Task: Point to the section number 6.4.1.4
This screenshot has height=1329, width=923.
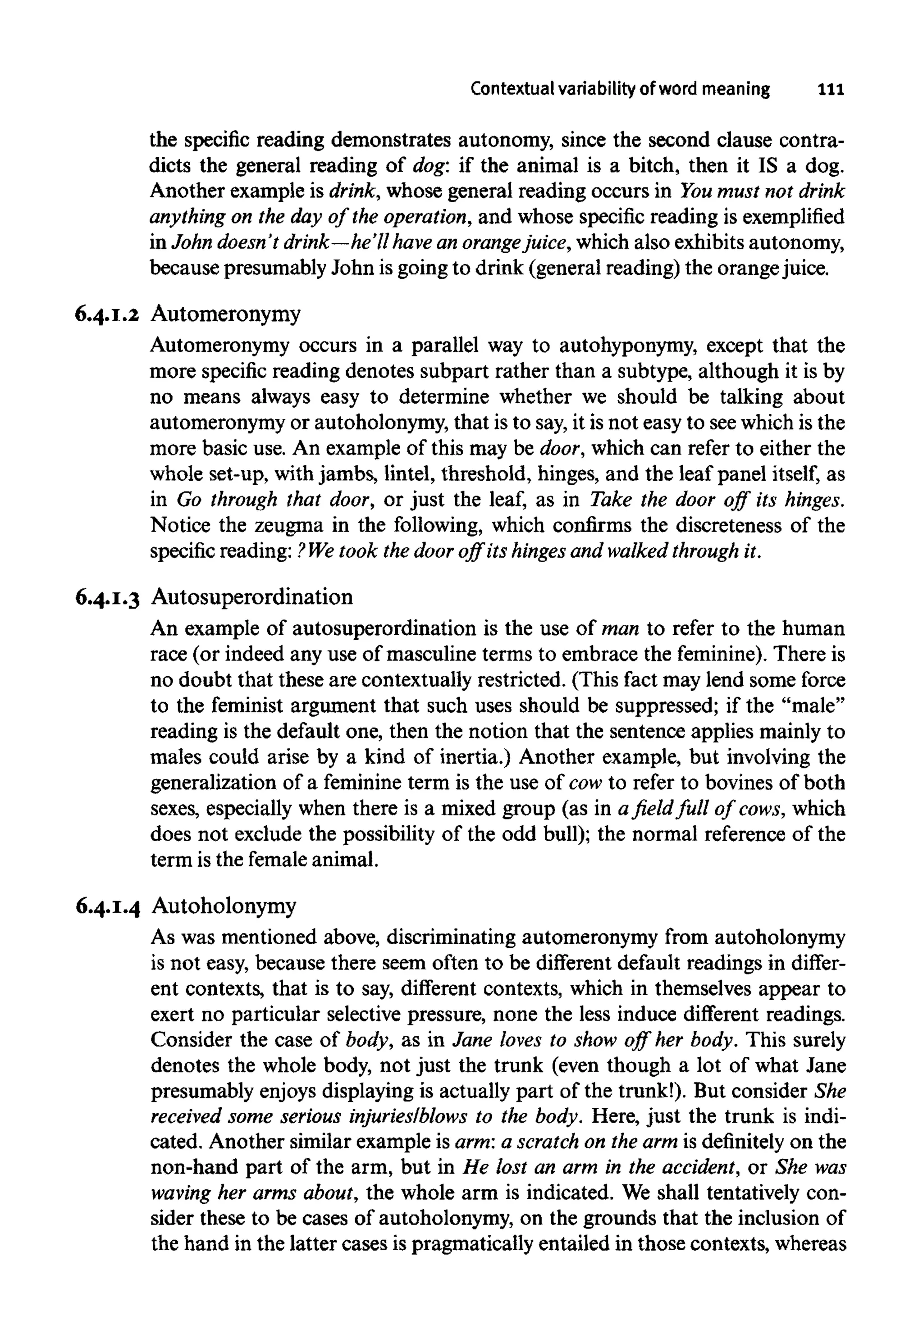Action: pyautogui.click(x=108, y=906)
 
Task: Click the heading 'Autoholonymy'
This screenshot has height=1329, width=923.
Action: pyautogui.click(x=224, y=906)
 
